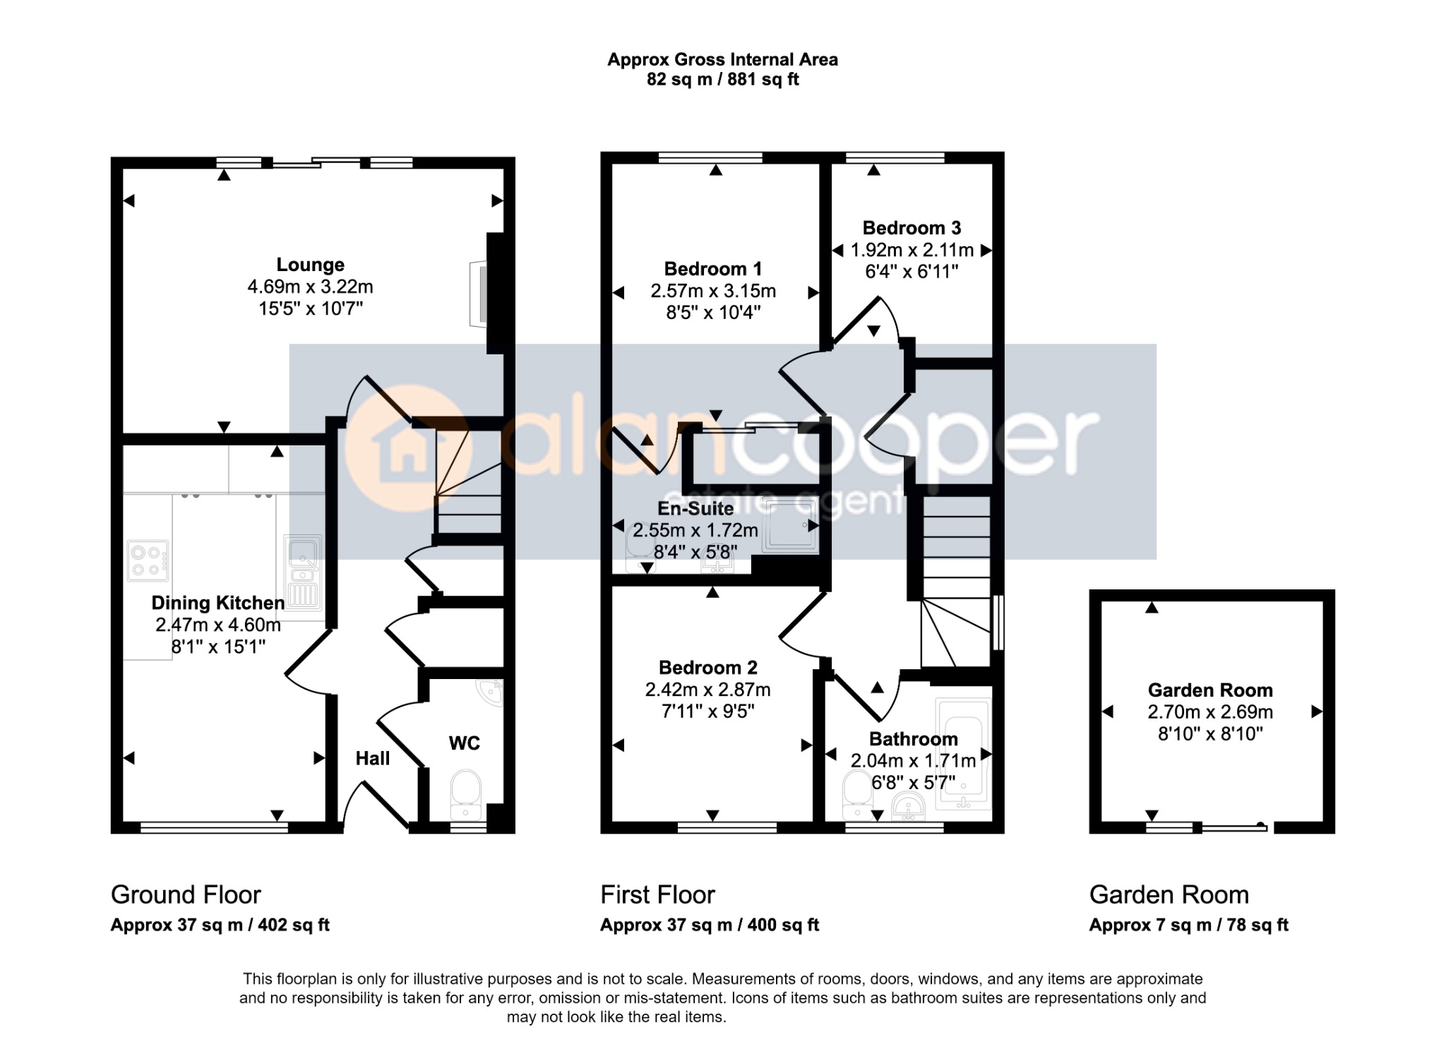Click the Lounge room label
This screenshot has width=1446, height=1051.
coord(310,265)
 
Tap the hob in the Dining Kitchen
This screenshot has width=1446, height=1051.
coord(148,560)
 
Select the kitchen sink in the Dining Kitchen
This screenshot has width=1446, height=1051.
coord(303,572)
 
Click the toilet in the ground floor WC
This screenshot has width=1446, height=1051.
coord(465,795)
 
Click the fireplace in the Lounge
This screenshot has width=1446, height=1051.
coord(479,294)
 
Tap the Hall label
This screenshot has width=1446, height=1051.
coord(373,758)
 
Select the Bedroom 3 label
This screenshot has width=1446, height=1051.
coord(912,228)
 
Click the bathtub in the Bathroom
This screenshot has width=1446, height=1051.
coord(964,753)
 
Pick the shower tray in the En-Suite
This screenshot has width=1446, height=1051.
coord(791,525)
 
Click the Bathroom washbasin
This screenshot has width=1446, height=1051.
coord(909,806)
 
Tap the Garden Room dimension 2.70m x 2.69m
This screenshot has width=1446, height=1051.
coord(1210,711)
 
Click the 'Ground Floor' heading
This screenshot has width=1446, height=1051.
coord(186,895)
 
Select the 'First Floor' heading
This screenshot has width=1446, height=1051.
coord(657,895)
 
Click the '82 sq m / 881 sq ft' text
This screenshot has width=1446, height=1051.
coord(722,80)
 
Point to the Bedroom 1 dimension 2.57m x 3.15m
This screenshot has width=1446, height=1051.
coord(713,291)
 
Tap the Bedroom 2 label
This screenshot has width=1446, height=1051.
coord(707,668)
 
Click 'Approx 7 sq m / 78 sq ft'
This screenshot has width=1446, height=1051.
coord(1188,925)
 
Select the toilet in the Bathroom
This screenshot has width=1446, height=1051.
coord(858,795)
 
